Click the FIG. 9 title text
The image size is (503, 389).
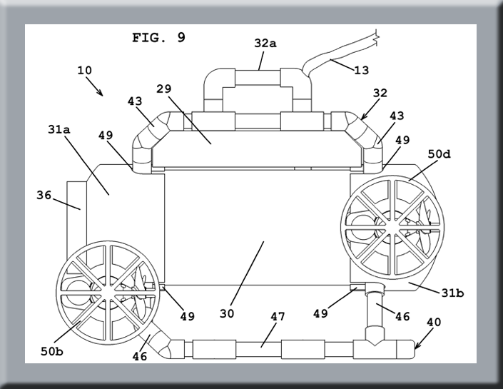click(158, 38)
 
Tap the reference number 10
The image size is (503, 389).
click(84, 71)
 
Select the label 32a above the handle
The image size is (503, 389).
click(265, 44)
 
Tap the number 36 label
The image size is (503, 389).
click(44, 195)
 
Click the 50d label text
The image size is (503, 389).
click(440, 154)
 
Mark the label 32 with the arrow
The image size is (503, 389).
click(380, 94)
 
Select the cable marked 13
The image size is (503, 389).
click(335, 57)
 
